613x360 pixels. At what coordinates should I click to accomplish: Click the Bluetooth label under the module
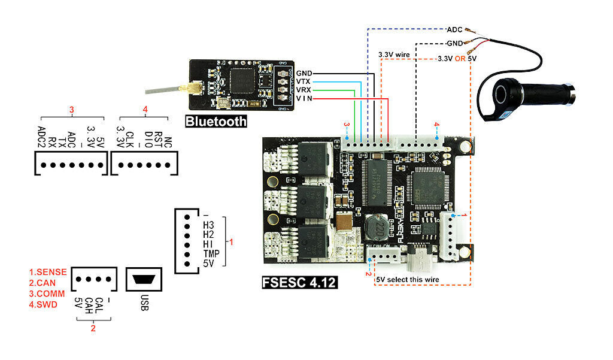click(x=216, y=121)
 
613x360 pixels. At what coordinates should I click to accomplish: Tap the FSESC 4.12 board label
click(x=299, y=282)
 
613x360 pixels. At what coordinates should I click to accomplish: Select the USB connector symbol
click(x=144, y=279)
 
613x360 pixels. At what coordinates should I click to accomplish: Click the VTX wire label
click(x=304, y=81)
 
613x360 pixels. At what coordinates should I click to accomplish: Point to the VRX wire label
click(x=304, y=90)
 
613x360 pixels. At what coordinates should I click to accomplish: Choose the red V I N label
click(x=304, y=98)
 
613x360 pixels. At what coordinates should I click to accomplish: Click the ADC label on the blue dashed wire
click(x=454, y=28)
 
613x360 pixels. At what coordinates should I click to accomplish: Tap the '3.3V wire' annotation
click(x=394, y=55)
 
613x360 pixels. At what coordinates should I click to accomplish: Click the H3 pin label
click(x=208, y=225)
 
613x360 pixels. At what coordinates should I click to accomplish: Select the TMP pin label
click(x=211, y=253)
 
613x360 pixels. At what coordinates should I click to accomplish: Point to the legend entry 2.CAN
click(x=43, y=283)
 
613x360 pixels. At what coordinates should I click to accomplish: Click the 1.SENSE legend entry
click(x=48, y=272)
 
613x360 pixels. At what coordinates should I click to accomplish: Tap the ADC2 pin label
click(x=41, y=133)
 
